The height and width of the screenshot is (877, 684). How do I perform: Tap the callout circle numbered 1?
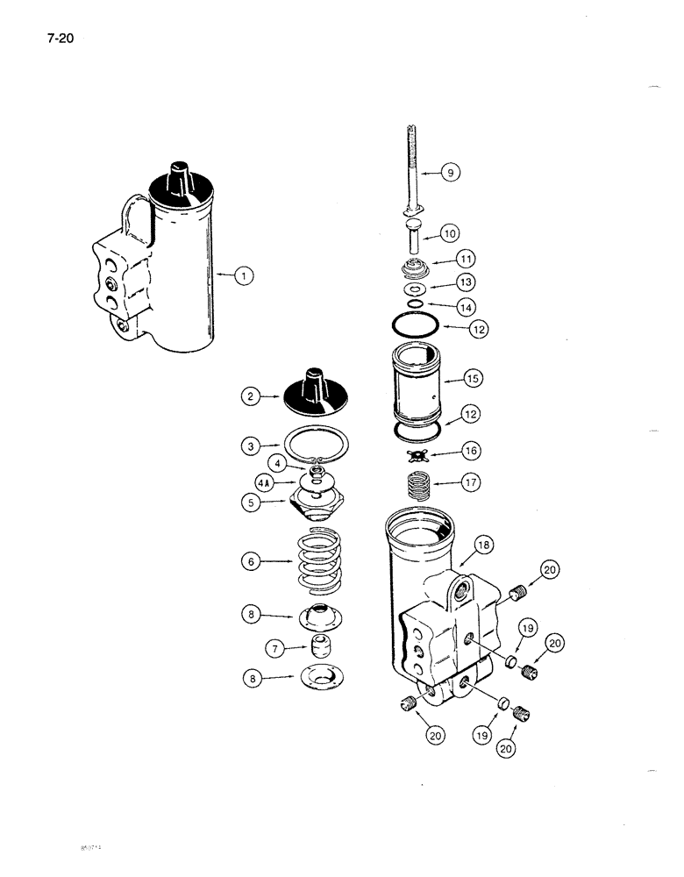coord(246,277)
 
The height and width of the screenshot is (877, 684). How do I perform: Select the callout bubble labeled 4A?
coord(263,482)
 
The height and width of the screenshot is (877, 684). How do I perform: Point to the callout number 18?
coord(485,545)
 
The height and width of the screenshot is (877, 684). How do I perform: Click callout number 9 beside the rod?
coord(450,174)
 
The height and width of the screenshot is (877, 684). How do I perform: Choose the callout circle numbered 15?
coord(474,379)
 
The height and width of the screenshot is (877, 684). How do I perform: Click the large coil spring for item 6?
coord(316,565)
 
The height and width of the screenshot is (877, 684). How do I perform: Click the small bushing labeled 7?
coord(317,651)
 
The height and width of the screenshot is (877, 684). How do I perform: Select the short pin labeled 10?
coord(413,238)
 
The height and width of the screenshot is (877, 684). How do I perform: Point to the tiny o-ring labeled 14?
coord(416,304)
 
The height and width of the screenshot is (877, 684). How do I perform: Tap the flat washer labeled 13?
coord(414,288)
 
